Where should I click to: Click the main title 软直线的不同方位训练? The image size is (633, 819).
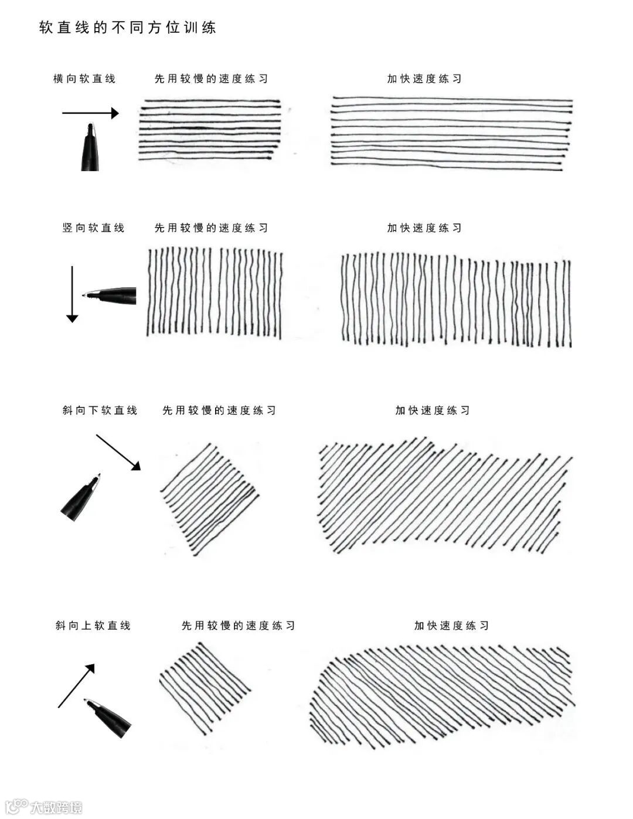[x=128, y=28]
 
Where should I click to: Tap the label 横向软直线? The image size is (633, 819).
[x=84, y=79]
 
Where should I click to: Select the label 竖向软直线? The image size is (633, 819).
[x=93, y=227]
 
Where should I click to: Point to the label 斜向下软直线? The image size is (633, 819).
[x=100, y=410]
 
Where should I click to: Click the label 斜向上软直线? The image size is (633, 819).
[x=93, y=626]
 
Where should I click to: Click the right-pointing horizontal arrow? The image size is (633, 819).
[x=90, y=113]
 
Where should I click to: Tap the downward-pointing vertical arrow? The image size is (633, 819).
[x=72, y=294]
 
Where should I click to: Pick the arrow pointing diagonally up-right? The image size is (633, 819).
[x=76, y=686]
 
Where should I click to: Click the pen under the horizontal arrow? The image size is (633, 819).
[x=90, y=148]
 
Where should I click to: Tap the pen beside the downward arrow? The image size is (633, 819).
[x=111, y=295]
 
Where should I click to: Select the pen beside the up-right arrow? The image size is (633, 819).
[x=108, y=717]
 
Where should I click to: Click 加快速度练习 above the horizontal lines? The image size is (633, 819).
[x=424, y=79]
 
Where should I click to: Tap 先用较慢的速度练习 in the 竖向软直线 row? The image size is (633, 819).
[x=211, y=227]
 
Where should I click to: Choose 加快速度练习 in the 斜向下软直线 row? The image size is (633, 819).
[x=433, y=410]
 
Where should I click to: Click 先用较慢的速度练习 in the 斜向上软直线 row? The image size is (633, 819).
[x=238, y=626]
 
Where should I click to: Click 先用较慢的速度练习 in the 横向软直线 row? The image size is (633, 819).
[x=211, y=79]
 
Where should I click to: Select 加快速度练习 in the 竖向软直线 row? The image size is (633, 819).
[x=424, y=227]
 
